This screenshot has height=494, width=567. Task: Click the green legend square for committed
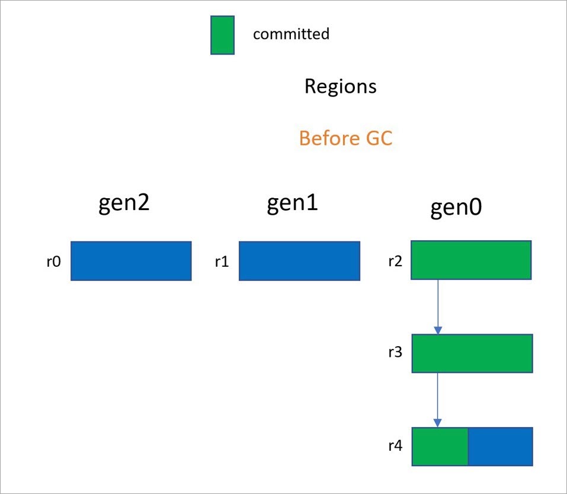[222, 35]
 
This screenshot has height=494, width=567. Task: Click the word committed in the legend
[291, 34]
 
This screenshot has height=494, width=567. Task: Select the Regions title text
[340, 86]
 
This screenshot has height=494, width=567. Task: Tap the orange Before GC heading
[345, 139]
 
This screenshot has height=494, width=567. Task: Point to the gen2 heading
[124, 204]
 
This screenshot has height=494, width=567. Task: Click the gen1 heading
[292, 204]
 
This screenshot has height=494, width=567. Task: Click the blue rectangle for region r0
[131, 261]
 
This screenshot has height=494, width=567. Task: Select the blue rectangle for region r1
[299, 261]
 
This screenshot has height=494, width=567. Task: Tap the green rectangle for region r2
[471, 260]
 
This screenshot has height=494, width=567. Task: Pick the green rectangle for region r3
[472, 354]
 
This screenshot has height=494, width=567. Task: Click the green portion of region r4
[440, 447]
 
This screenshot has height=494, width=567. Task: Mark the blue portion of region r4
[501, 447]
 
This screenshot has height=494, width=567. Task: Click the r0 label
[53, 261]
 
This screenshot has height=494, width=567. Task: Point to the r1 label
[222, 261]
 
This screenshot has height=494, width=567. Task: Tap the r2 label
[395, 260]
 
